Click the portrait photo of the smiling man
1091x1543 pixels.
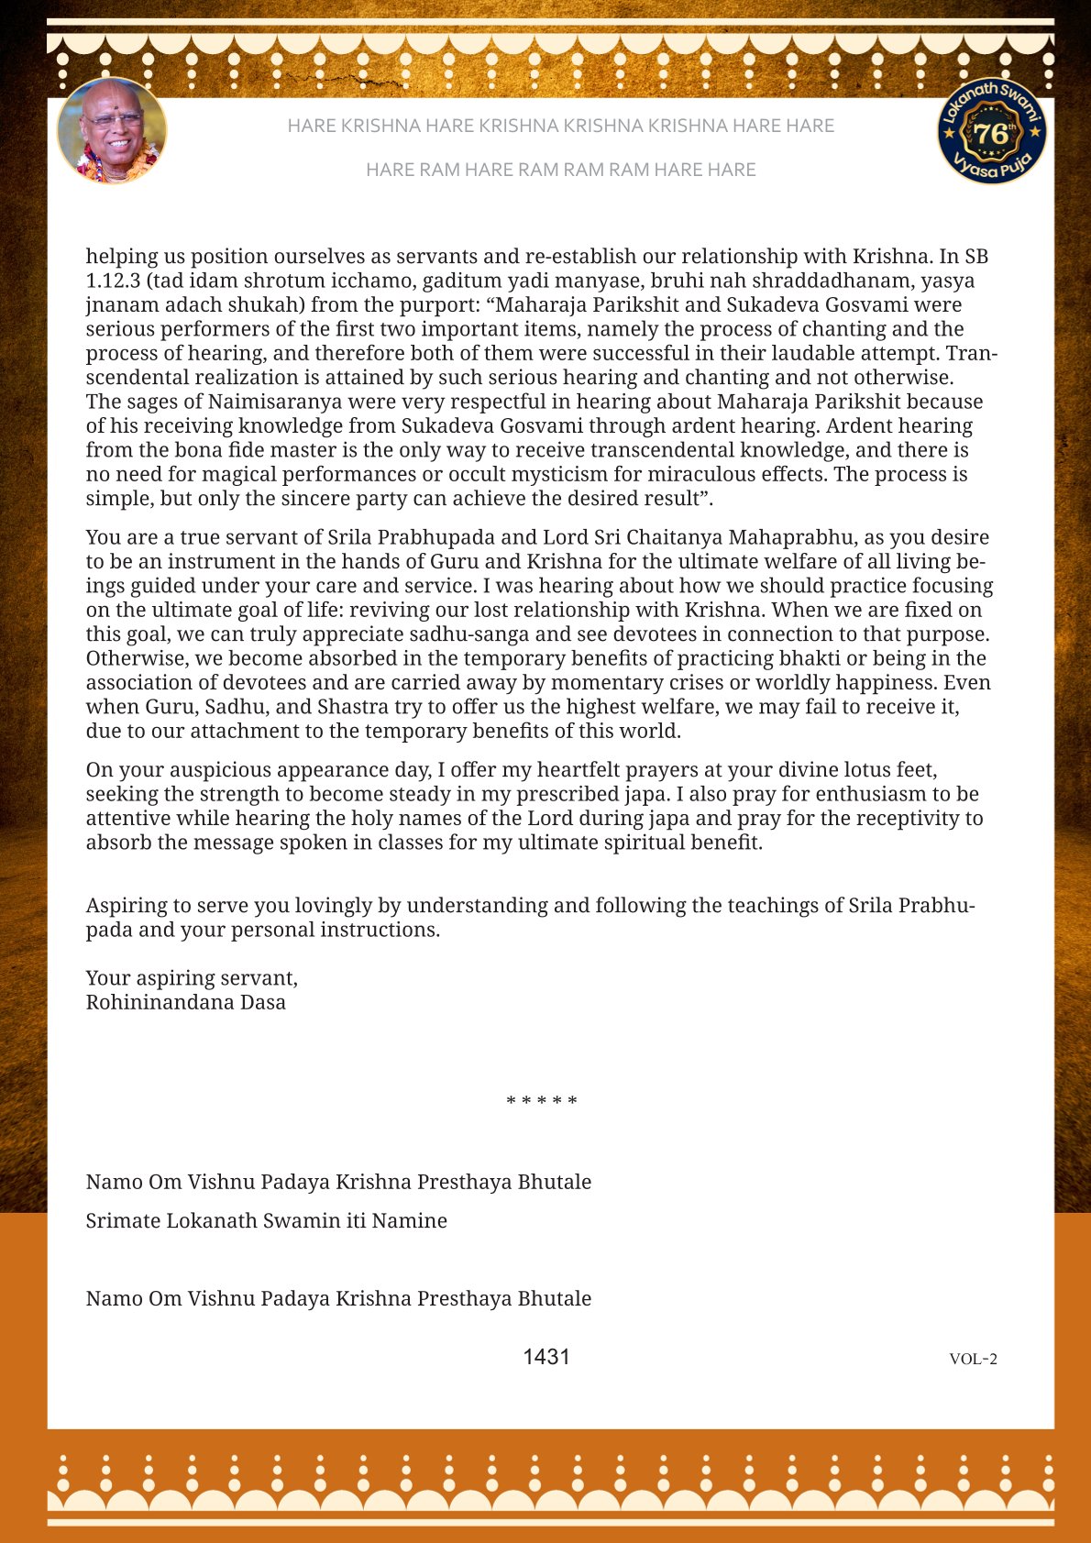tap(112, 131)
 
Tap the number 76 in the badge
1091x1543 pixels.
tap(990, 134)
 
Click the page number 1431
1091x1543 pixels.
tap(546, 1357)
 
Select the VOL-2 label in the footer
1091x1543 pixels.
tap(973, 1359)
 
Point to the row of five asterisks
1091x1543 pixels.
tap(542, 1101)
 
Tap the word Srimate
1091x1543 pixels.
tap(123, 1221)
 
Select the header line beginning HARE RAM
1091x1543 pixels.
tap(560, 170)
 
